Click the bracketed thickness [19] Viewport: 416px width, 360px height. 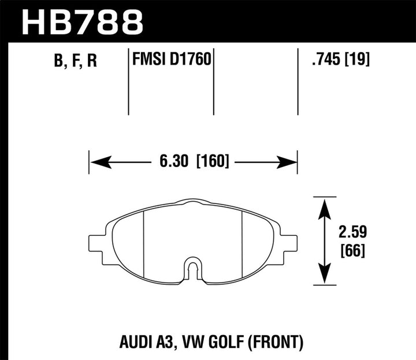click(358, 60)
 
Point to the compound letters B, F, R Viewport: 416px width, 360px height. click(76, 61)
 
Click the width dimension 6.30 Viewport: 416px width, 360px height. click(173, 162)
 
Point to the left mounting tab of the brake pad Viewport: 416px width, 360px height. click(96, 243)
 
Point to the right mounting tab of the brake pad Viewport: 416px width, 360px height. click(288, 243)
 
